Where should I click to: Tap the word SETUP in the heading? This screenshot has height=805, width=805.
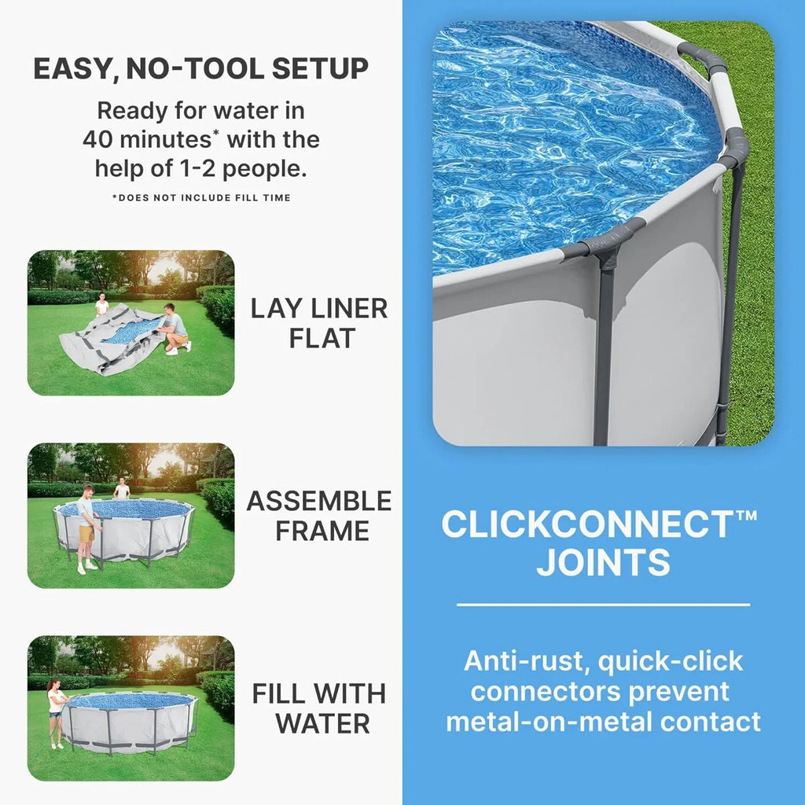pos(320,69)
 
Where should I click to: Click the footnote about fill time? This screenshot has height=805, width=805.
pos(201,197)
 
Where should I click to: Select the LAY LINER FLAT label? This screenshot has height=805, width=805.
pos(319,323)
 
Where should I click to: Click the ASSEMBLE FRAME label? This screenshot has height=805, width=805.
pos(319,516)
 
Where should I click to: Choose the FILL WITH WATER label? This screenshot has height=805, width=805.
pos(319,708)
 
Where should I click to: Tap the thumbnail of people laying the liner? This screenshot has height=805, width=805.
pos(130,322)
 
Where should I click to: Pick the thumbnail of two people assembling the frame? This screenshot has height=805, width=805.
pos(130,516)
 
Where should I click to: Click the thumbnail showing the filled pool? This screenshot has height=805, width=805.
pos(130,708)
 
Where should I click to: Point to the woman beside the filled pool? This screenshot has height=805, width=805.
pos(56,711)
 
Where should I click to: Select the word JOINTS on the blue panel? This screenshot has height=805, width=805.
pos(603,563)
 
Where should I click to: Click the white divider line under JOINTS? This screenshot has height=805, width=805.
pos(603,605)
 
